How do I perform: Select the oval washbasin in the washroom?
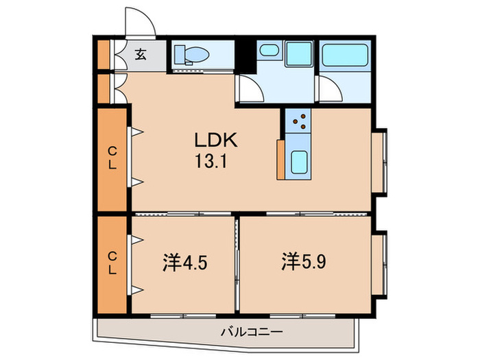point(268,50)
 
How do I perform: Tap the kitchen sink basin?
point(300,163)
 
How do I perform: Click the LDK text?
point(215,141)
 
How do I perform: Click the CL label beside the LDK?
point(111,158)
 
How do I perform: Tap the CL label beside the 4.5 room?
point(111,261)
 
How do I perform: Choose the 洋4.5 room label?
point(184,262)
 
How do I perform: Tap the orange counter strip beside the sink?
point(281,159)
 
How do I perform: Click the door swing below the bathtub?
point(329,89)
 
